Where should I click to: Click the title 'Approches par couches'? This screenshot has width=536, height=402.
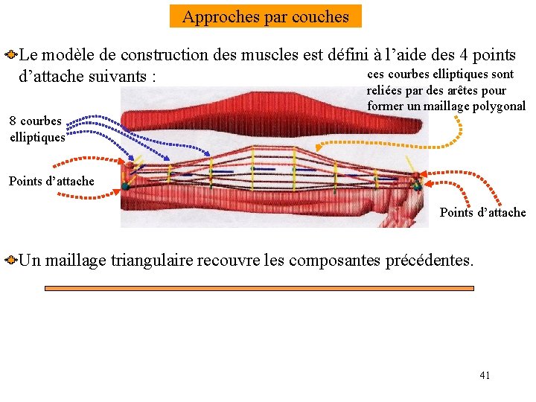[x=265, y=16]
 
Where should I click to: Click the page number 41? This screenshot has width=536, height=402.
[x=485, y=375]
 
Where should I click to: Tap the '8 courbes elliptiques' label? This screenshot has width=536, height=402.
[x=37, y=129]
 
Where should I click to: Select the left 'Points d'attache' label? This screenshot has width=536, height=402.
[x=51, y=181]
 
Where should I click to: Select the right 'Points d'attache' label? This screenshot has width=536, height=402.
[x=482, y=212]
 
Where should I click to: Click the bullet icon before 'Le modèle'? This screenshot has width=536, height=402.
[x=10, y=55]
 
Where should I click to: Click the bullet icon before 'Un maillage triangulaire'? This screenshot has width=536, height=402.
[x=10, y=261]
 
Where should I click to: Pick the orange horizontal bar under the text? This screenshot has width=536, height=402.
[x=259, y=288]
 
